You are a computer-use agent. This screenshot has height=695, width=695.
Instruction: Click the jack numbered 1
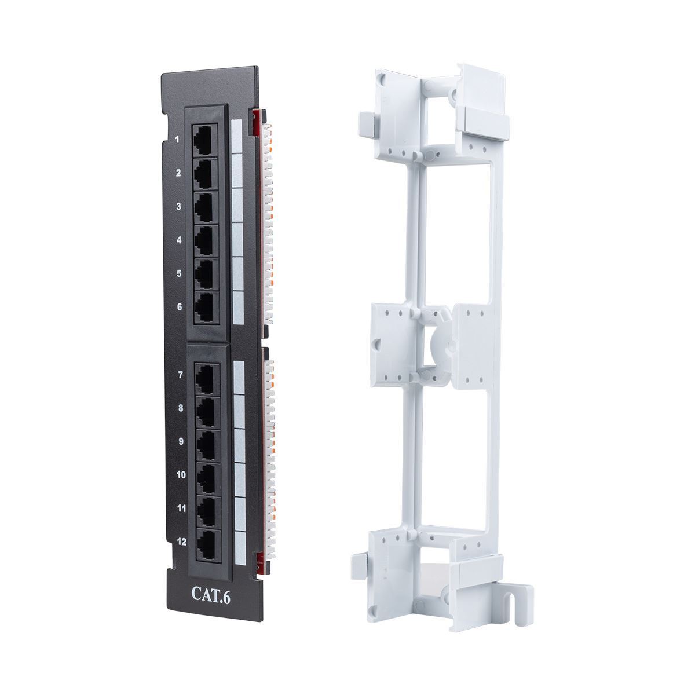(205, 141)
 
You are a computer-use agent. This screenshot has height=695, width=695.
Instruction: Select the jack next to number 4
(206, 241)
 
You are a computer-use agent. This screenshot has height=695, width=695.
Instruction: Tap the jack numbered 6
(207, 308)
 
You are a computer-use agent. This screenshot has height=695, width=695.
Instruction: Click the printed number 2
(178, 173)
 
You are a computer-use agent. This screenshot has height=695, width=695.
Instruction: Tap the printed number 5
(179, 273)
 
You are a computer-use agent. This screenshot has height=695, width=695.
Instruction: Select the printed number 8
(180, 408)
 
